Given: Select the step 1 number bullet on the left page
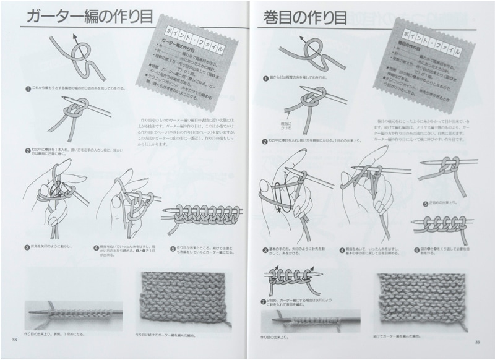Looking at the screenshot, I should [28, 88].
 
